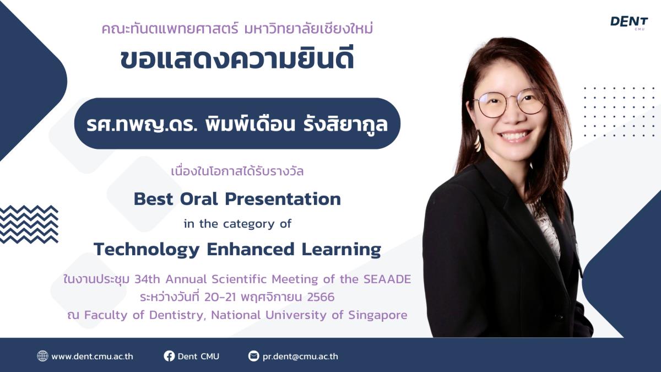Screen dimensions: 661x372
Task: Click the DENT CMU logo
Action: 629,23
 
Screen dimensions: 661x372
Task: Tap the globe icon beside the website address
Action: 42,356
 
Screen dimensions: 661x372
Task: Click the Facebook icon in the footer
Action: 170,356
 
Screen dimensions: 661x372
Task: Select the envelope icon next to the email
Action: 253,356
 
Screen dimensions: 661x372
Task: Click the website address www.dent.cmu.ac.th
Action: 92,357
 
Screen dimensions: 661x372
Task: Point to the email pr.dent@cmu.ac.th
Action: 300,357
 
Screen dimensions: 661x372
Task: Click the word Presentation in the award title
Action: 283,199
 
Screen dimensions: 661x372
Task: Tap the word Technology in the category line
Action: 147,250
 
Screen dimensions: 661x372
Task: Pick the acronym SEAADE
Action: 387,279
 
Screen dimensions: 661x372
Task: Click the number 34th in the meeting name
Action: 147,279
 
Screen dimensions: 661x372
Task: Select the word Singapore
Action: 378,315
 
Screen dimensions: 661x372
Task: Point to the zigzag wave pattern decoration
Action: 29,224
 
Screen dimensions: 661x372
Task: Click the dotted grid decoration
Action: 619,112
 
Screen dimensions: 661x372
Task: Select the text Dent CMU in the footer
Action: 198,357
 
